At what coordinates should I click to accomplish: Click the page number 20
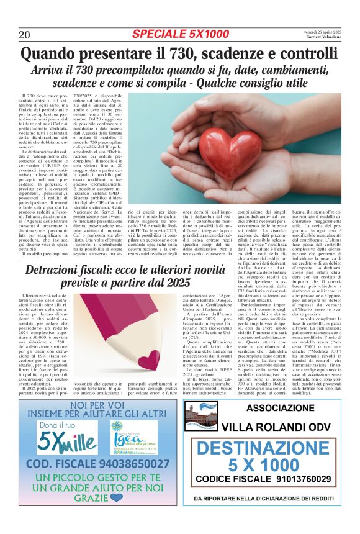(x=25, y=34)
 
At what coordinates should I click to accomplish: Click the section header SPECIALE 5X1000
(x=181, y=34)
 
